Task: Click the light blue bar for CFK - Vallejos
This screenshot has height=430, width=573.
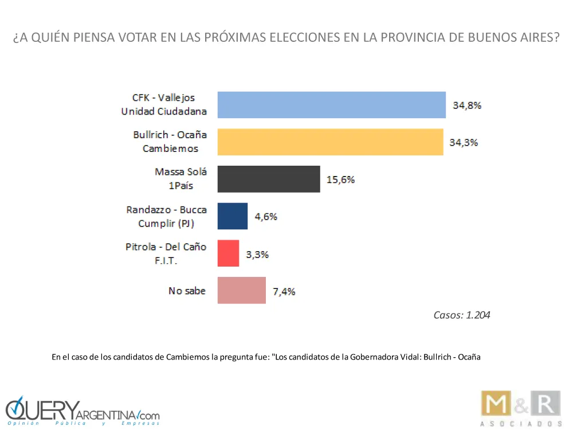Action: click(x=331, y=105)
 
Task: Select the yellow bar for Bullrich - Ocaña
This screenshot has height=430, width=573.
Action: click(x=330, y=142)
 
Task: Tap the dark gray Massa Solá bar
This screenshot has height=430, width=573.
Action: click(x=268, y=179)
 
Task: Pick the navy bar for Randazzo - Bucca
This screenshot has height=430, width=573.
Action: click(x=233, y=216)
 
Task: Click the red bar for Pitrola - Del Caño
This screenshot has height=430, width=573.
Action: click(x=228, y=253)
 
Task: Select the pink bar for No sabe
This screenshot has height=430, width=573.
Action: click(x=241, y=290)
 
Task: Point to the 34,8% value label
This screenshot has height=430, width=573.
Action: click(x=467, y=105)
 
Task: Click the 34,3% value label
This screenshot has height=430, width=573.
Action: click(x=464, y=143)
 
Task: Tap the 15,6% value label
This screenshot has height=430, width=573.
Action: click(x=340, y=179)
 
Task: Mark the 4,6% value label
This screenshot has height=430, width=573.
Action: click(x=266, y=217)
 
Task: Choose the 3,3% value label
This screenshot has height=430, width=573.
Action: click(x=257, y=254)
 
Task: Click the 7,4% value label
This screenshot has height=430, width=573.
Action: click(x=284, y=291)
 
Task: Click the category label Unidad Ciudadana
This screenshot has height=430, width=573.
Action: click(x=164, y=111)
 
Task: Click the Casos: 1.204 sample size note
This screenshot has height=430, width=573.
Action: click(x=462, y=315)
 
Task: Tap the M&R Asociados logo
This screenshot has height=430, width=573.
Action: click(x=519, y=409)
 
